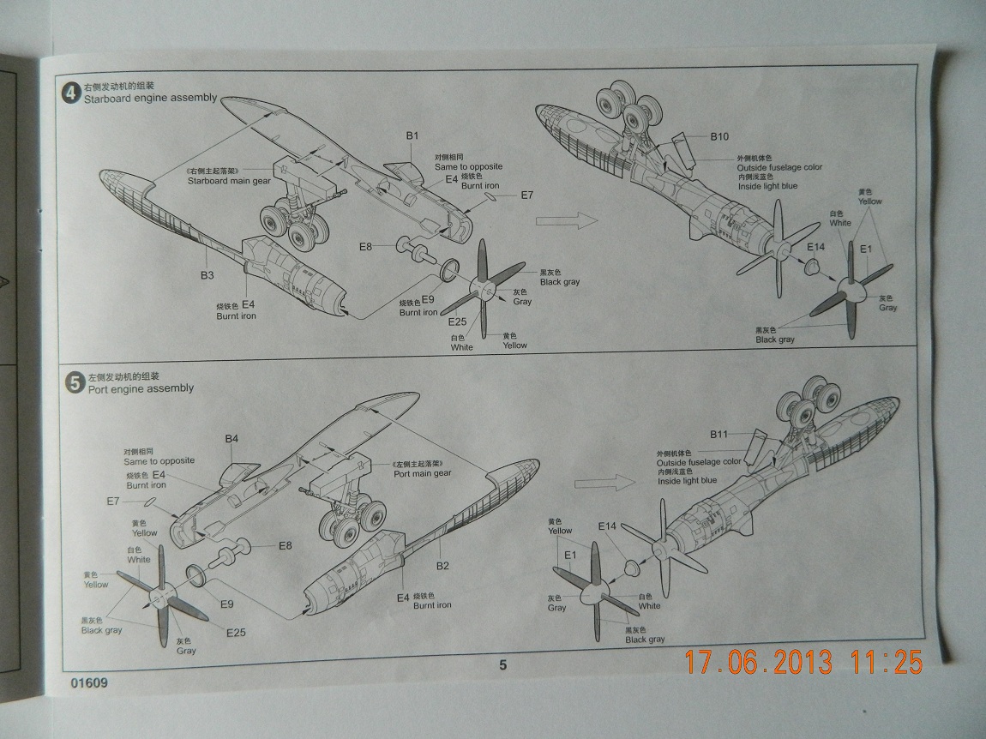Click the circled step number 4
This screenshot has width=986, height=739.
pyautogui.click(x=70, y=93)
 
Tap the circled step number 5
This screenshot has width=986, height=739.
pyautogui.click(x=75, y=382)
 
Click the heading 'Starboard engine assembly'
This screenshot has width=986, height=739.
pyautogui.click(x=149, y=99)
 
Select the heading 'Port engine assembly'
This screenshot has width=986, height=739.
pyautogui.click(x=141, y=388)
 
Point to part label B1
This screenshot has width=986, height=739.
pyautogui.click(x=412, y=135)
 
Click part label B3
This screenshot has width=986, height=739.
pyautogui.click(x=207, y=275)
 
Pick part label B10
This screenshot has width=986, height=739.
pyautogui.click(x=719, y=136)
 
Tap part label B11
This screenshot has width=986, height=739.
pyautogui.click(x=718, y=435)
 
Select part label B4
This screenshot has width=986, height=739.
pyautogui.click(x=231, y=439)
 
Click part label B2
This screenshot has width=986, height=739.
pyautogui.click(x=443, y=566)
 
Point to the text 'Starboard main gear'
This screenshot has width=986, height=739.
pyautogui.click(x=224, y=181)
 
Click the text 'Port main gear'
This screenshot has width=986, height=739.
pyautogui.click(x=422, y=473)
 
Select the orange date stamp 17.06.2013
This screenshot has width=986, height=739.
pyautogui.click(x=759, y=662)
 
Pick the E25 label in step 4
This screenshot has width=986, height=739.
pyautogui.click(x=458, y=322)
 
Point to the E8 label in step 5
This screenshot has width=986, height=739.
pyautogui.click(x=285, y=545)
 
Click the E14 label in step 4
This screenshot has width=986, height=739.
pyautogui.click(x=815, y=247)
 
